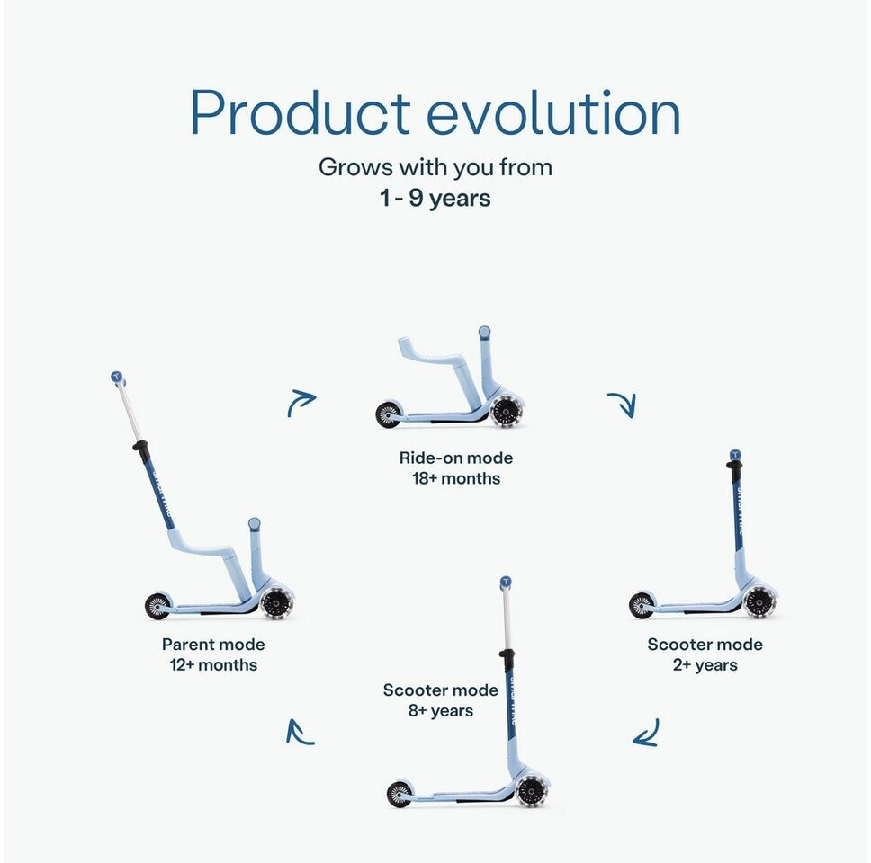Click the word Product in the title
pyautogui.click(x=300, y=112)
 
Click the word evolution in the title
pyautogui.click(x=553, y=112)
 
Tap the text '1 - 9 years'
pyautogui.click(x=435, y=198)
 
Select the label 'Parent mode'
pyautogui.click(x=213, y=645)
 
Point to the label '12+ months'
pyautogui.click(x=213, y=665)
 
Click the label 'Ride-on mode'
pyautogui.click(x=456, y=458)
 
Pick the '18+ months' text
pyautogui.click(x=456, y=478)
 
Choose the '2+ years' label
pyautogui.click(x=705, y=665)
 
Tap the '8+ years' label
pyautogui.click(x=441, y=710)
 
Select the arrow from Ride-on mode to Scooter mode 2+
pyautogui.click(x=624, y=404)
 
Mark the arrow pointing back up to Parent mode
pyautogui.click(x=298, y=733)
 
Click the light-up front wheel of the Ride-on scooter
pyautogui.click(x=505, y=412)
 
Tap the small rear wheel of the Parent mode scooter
pyautogui.click(x=157, y=606)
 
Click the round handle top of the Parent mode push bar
pyautogui.click(x=117, y=378)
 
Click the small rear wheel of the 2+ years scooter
pyautogui.click(x=642, y=605)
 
